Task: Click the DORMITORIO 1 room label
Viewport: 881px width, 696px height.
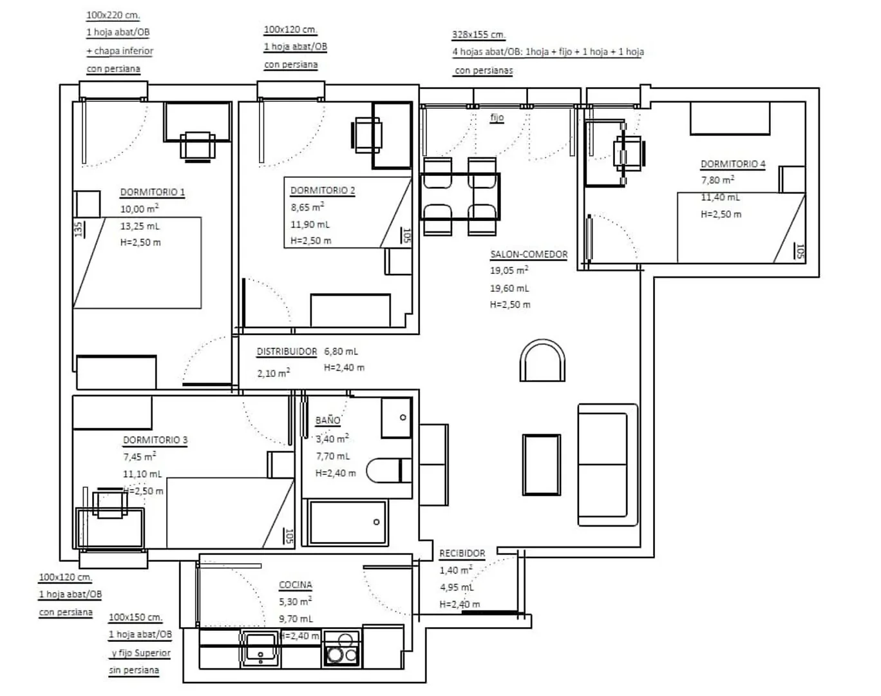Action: coord(152,191)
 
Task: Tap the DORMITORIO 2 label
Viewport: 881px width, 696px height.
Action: coord(323,190)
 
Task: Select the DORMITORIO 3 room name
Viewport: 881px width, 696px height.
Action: coord(155,440)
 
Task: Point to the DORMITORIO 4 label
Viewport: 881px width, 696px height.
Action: coord(733,164)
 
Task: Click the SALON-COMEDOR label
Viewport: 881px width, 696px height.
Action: coord(529,255)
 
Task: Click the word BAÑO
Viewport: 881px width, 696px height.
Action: coord(328,420)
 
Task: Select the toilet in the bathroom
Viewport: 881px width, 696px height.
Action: coord(389,470)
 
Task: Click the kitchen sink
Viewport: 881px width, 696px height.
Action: coord(260,648)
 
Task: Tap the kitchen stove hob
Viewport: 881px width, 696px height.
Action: coord(342,648)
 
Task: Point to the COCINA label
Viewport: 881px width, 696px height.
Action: coord(295,585)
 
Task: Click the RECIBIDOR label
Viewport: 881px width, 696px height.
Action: coord(462,554)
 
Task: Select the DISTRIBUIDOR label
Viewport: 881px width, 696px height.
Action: coord(287,351)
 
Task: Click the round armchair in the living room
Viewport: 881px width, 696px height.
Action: coord(542,360)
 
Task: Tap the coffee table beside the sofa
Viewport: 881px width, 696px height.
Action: coord(542,465)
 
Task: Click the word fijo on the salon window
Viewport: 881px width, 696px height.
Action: coord(497,117)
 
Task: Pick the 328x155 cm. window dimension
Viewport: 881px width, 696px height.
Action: coord(478,35)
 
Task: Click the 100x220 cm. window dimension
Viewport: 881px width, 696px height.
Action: coord(113,15)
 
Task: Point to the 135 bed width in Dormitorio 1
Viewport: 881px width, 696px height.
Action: coord(79,229)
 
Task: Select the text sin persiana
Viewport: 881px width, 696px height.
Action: coord(134,671)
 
